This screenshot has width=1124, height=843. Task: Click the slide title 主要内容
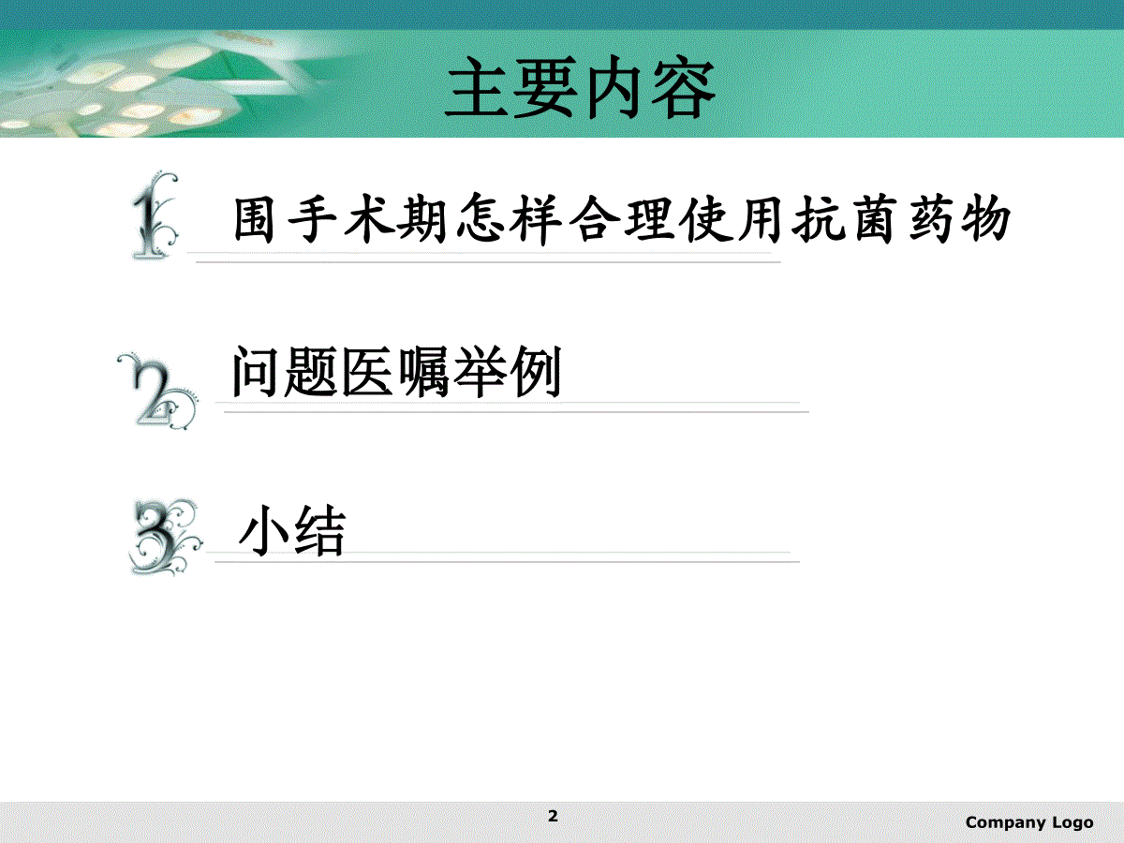click(x=580, y=87)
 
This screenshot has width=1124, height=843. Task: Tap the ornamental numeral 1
click(x=154, y=216)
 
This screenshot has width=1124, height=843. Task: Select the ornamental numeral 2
click(x=157, y=391)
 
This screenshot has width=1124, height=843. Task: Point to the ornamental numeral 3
click(x=165, y=538)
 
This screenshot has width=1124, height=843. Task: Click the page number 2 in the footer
click(x=553, y=816)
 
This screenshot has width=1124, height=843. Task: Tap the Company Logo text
click(x=1029, y=823)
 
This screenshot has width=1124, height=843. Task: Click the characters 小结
click(x=292, y=530)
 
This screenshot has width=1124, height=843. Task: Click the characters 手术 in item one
click(x=342, y=218)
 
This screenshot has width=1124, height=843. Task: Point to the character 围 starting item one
click(x=254, y=219)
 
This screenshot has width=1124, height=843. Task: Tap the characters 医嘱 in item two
click(x=395, y=372)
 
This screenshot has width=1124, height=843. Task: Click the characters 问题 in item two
click(x=286, y=372)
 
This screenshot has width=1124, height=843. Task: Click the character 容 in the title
click(x=683, y=88)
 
